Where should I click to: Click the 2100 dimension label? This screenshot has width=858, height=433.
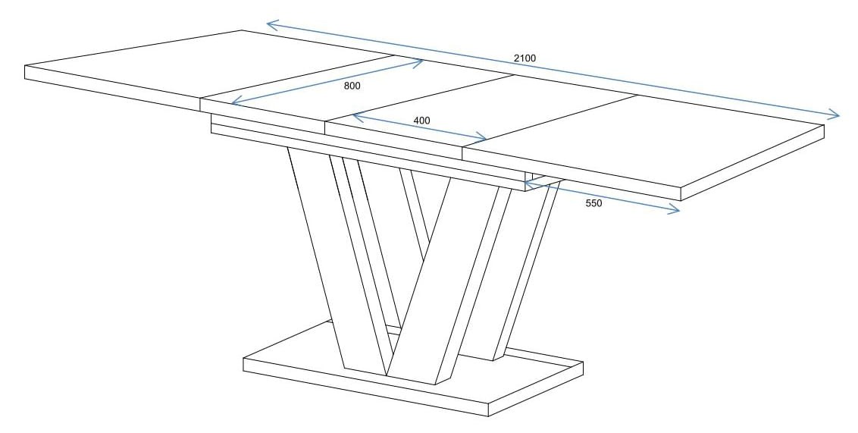(524, 58)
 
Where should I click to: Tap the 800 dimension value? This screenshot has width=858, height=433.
(352, 86)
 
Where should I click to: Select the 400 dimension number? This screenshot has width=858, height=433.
(421, 121)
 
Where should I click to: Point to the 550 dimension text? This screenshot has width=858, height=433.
(593, 203)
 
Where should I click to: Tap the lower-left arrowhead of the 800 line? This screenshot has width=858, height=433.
(233, 103)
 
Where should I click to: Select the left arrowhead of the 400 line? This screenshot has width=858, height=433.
(354, 115)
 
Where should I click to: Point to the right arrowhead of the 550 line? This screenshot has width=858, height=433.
(678, 212)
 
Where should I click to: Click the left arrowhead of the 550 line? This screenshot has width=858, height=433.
(526, 182)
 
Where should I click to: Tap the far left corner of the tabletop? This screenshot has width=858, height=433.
(25, 67)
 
